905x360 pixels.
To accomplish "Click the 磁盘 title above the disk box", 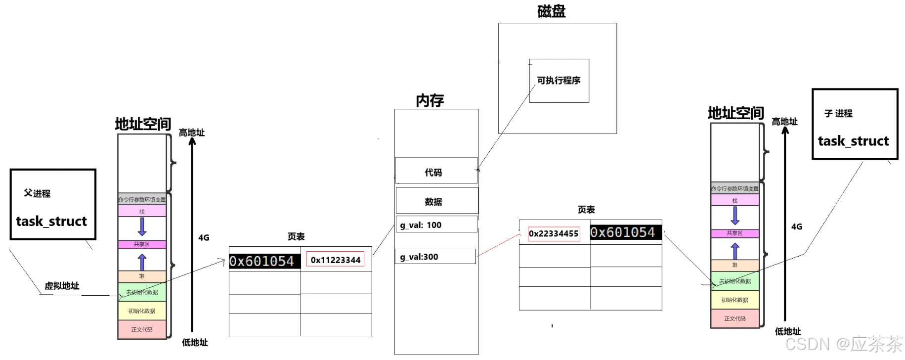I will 551,11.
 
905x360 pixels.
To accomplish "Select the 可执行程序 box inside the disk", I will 559,81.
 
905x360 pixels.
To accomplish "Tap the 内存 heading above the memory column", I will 430,101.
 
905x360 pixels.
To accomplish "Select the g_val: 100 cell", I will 436,225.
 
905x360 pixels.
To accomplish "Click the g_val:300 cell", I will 435,257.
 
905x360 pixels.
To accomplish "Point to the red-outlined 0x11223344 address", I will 335,260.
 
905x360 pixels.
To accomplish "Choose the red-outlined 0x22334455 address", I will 554,233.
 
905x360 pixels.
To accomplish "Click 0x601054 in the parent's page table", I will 264,261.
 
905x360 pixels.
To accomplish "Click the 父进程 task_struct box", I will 52,205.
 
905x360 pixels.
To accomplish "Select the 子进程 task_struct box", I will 855,124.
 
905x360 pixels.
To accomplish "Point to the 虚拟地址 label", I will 62,286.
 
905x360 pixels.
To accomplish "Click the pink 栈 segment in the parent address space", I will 142,212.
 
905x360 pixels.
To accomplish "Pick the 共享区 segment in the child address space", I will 734,233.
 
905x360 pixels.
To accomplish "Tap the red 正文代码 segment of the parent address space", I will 142,329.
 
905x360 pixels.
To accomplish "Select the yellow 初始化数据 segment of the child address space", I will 734,300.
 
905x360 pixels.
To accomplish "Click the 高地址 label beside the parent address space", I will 191,133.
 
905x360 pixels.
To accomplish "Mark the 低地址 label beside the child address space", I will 787,331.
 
